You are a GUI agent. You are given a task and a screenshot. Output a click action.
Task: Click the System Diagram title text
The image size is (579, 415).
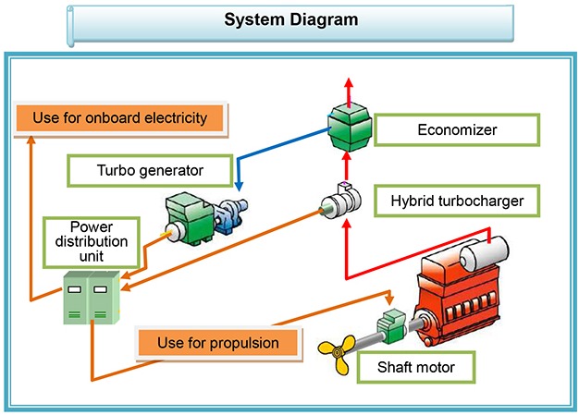coord(290,19)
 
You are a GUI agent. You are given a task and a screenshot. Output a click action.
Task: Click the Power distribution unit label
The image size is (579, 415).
coord(92,240)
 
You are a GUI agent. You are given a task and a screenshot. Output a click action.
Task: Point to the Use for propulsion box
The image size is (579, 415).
coord(218,343)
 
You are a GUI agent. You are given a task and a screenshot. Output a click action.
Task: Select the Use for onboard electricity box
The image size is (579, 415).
coord(122,118)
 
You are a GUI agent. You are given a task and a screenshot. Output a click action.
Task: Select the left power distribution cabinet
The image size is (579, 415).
coord(74,298)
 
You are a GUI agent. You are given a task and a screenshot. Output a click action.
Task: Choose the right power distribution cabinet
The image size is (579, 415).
coord(103,298)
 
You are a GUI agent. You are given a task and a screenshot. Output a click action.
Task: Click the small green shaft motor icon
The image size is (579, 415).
coord(390,326)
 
